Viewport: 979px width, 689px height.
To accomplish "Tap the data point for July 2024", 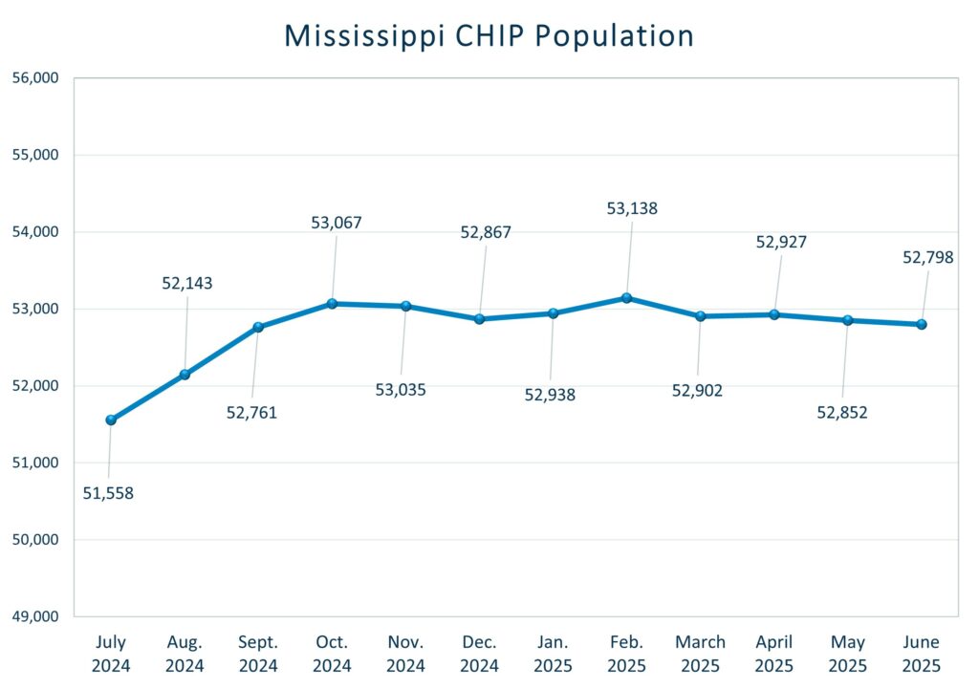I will click(x=111, y=420).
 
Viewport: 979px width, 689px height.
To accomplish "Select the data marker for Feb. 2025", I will click(x=626, y=298).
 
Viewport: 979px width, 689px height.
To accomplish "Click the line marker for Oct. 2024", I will click(x=332, y=304).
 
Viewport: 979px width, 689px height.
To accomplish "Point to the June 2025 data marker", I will click(x=922, y=324).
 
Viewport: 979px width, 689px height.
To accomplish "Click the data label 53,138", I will click(x=632, y=208).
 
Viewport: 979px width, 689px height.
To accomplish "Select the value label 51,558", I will click(x=108, y=494).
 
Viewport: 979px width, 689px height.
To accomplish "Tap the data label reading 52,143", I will click(x=187, y=284).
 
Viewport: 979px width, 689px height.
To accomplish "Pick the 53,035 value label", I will click(x=401, y=390).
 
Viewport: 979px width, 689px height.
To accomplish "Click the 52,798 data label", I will click(x=928, y=257).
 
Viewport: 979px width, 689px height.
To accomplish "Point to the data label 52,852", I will click(x=842, y=413).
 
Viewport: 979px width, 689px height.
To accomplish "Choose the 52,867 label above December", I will click(x=486, y=232).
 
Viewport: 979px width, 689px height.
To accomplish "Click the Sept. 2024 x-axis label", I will click(x=258, y=654).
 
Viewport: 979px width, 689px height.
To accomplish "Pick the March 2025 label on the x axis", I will click(x=700, y=654).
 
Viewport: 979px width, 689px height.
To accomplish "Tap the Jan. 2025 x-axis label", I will click(x=553, y=654).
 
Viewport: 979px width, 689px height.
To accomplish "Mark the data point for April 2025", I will click(x=773, y=314).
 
